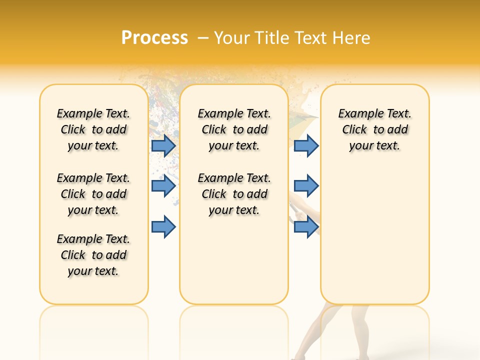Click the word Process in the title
click(x=154, y=38)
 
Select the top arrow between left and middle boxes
click(x=163, y=145)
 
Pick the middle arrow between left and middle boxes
click(x=163, y=186)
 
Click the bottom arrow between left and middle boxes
click(x=163, y=226)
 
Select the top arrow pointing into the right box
click(x=306, y=145)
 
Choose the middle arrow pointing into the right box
click(x=306, y=186)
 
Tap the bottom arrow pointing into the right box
click(x=306, y=226)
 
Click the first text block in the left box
click(x=93, y=129)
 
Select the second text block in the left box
click(x=93, y=194)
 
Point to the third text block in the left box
click(x=93, y=255)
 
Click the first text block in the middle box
click(x=234, y=129)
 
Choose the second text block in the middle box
click(x=234, y=194)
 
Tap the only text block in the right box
click(x=374, y=129)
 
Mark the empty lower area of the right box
click(x=374, y=235)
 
